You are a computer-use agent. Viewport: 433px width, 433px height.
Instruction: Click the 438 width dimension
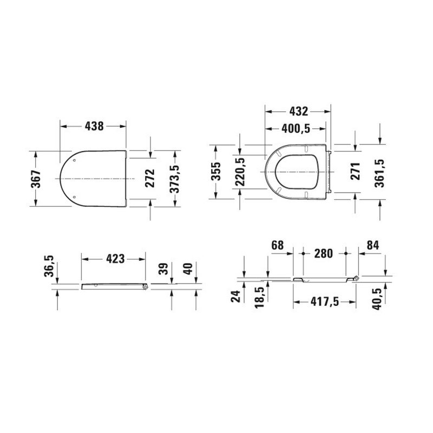pyautogui.click(x=93, y=126)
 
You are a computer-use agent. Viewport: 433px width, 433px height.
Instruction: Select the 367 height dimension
pyautogui.click(x=36, y=178)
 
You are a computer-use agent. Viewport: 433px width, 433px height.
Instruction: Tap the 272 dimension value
pyautogui.click(x=150, y=178)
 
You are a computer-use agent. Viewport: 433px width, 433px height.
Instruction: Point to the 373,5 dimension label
pyautogui.click(x=174, y=178)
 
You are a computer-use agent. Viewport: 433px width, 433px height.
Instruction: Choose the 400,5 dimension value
pyautogui.click(x=296, y=129)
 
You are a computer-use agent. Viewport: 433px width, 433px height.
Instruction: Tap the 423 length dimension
pyautogui.click(x=114, y=259)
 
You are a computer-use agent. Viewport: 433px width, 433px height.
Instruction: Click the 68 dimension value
pyautogui.click(x=278, y=245)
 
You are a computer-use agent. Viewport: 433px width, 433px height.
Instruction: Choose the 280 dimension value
pyautogui.click(x=324, y=253)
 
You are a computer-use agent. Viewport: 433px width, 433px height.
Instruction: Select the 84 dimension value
pyautogui.click(x=373, y=245)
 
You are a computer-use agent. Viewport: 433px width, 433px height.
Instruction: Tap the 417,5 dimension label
pyautogui.click(x=324, y=302)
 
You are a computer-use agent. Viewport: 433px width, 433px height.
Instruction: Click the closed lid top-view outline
pyautogui.click(x=97, y=178)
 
